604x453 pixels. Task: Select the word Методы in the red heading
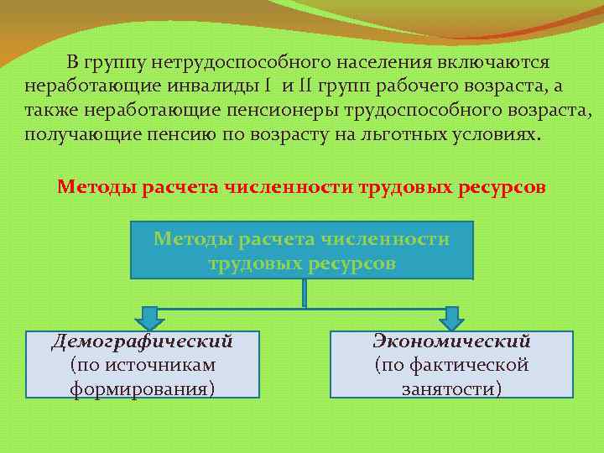pos(94,186)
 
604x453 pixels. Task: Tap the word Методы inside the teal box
pos(192,239)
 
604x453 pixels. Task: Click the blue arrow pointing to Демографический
pos(150,317)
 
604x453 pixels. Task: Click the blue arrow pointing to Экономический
pos(451,317)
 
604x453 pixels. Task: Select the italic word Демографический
pos(142,342)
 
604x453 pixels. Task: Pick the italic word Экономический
pos(451,342)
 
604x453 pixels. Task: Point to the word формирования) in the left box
pos(142,388)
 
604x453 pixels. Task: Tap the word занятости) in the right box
pos(451,388)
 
